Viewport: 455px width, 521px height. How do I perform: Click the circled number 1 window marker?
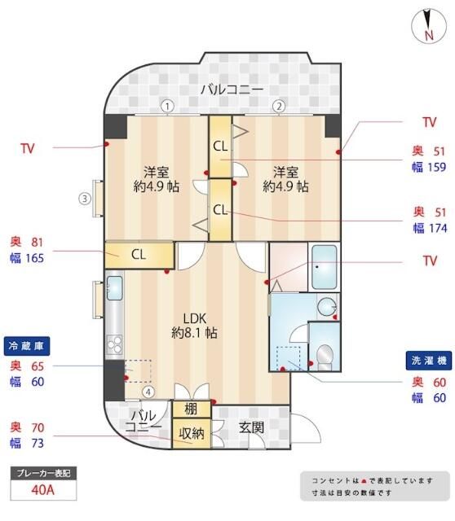(167, 106)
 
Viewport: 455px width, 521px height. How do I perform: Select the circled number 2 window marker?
(278, 106)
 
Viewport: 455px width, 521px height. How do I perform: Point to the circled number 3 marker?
(84, 197)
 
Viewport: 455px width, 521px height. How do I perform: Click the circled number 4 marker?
(148, 392)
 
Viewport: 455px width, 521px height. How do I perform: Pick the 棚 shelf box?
(191, 409)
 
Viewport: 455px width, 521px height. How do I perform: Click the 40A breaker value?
(43, 491)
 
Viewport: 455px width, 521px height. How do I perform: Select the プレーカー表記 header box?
(43, 474)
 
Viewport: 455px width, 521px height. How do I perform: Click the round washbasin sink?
(326, 307)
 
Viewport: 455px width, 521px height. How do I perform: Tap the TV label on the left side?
(28, 149)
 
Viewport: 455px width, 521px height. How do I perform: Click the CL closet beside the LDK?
(139, 254)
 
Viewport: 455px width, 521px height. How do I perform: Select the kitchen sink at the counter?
(114, 287)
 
